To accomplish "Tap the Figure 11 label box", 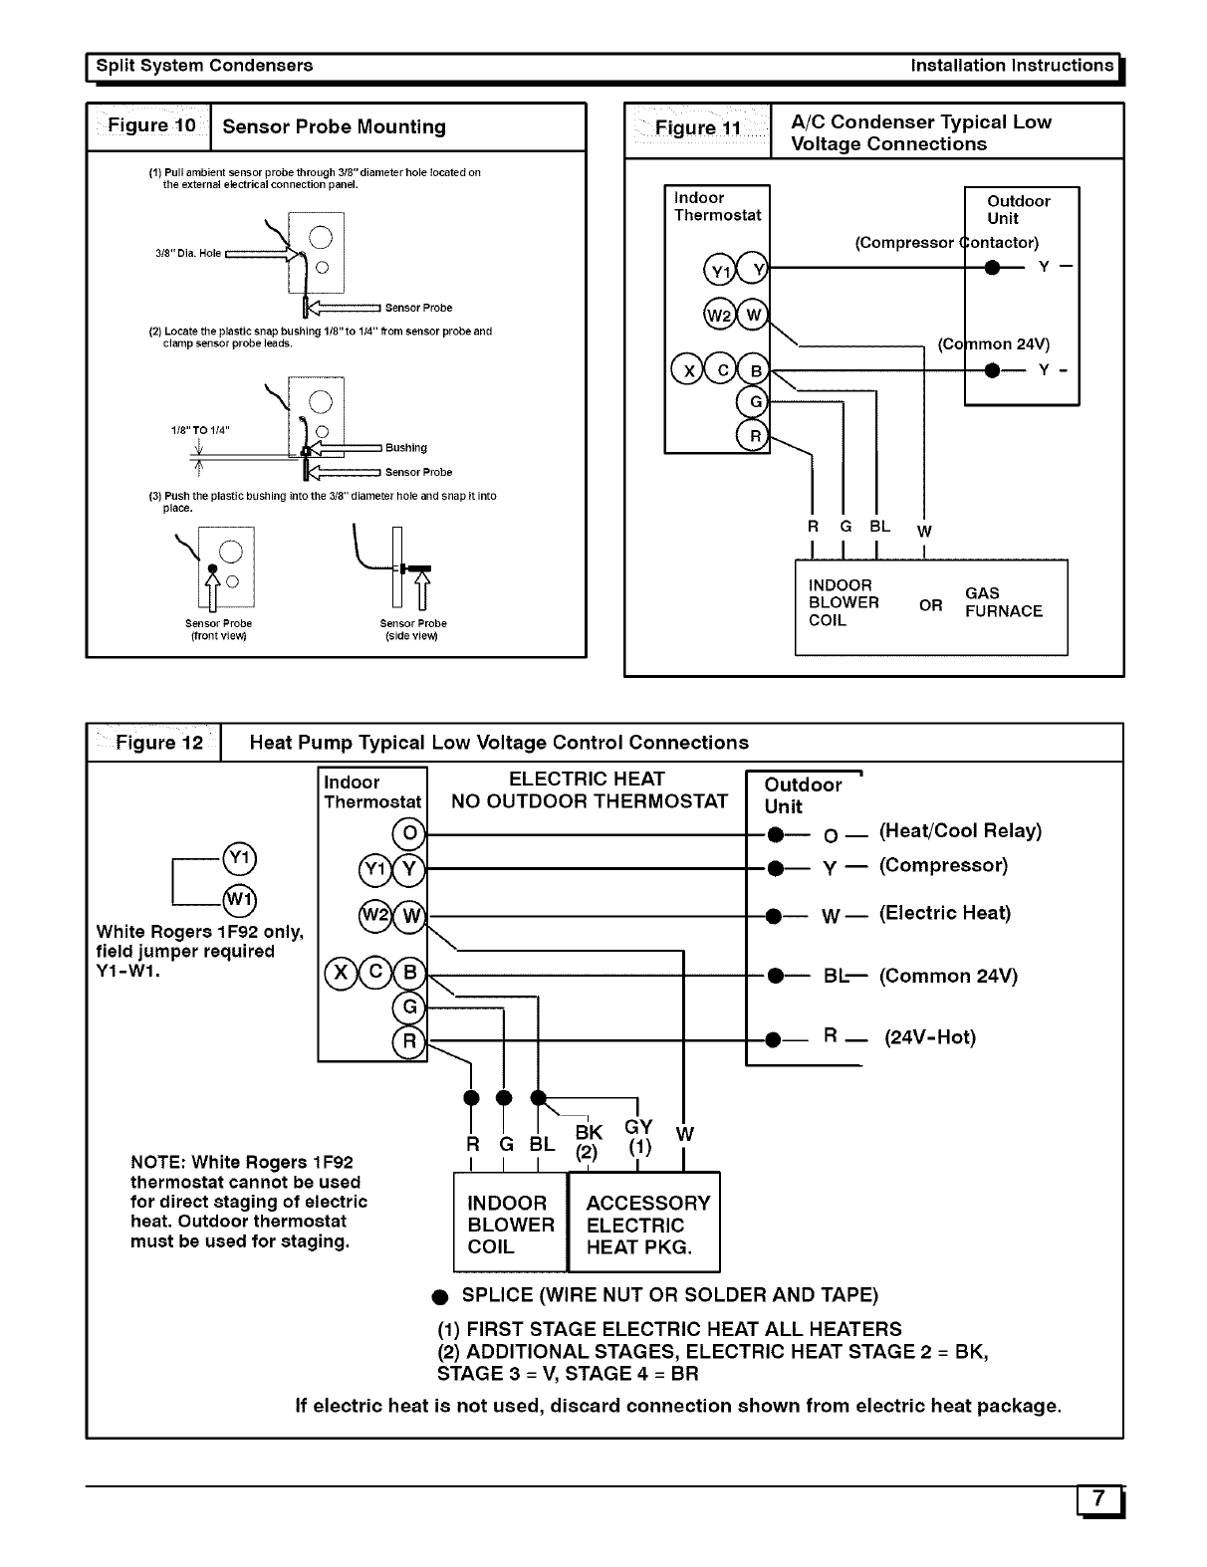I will point(697,129).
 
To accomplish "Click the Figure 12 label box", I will point(154,743).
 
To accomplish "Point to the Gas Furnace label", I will point(1003,602).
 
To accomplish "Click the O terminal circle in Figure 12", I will point(409,832).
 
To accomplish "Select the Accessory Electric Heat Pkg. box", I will point(643,1224).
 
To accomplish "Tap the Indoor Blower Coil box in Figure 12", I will point(510,1224).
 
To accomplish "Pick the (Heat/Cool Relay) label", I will point(960,830).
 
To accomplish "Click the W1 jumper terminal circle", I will point(240,899).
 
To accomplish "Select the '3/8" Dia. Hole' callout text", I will point(188,253).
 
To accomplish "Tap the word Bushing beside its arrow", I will point(405,448).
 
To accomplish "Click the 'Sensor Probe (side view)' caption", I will point(412,629).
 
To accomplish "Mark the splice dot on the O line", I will point(773,834).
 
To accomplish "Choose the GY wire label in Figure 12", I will point(638,1126).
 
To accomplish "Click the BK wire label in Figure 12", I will point(589,1132).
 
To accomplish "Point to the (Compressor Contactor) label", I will point(946,243).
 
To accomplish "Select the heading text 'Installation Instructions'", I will point(1012,66).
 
